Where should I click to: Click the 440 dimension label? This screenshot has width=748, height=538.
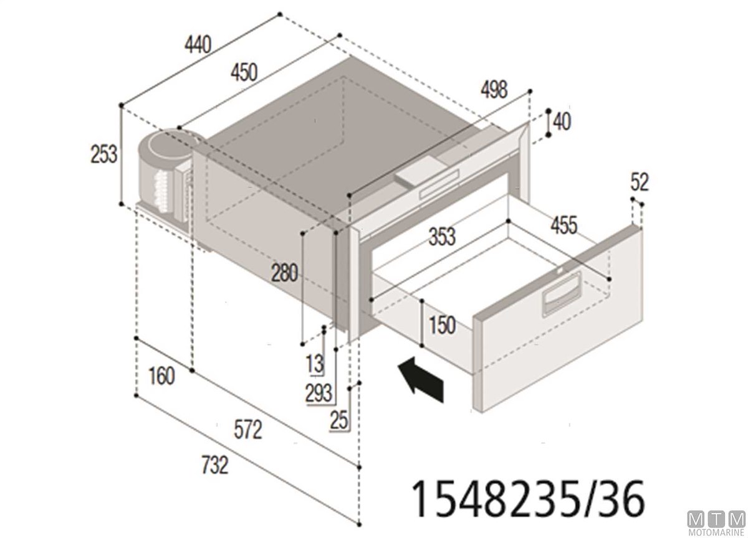(198, 45)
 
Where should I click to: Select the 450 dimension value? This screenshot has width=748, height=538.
(244, 72)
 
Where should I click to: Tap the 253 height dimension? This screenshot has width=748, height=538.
(104, 154)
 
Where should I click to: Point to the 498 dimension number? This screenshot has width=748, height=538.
(494, 90)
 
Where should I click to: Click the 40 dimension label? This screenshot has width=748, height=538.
(562, 121)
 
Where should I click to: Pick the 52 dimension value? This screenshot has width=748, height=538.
(640, 182)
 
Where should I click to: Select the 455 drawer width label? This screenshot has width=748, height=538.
(563, 225)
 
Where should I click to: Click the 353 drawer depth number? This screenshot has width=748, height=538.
(442, 237)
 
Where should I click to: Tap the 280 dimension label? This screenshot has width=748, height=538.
(284, 273)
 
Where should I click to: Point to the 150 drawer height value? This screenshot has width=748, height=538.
(442, 325)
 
